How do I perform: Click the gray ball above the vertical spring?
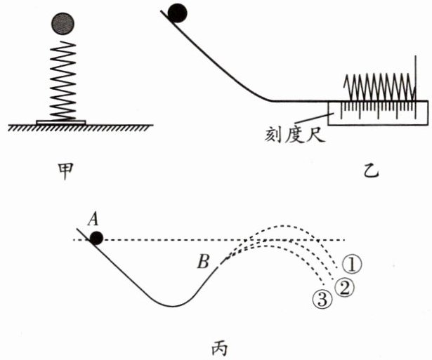63,24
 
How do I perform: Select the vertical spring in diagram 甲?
63,81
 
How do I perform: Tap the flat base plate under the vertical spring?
61,123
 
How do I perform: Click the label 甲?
65,171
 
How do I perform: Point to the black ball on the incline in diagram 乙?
177,13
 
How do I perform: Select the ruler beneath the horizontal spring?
378,113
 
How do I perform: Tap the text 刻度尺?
295,135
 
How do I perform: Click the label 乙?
371,171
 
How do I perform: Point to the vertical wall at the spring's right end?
416,78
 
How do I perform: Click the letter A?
93,220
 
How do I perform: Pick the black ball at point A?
96,239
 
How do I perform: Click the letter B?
203,262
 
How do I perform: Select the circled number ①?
352,264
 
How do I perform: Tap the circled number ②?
344,288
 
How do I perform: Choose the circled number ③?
322,300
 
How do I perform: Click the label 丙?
220,348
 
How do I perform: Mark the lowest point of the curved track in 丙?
172,306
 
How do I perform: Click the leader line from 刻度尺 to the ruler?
315,118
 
